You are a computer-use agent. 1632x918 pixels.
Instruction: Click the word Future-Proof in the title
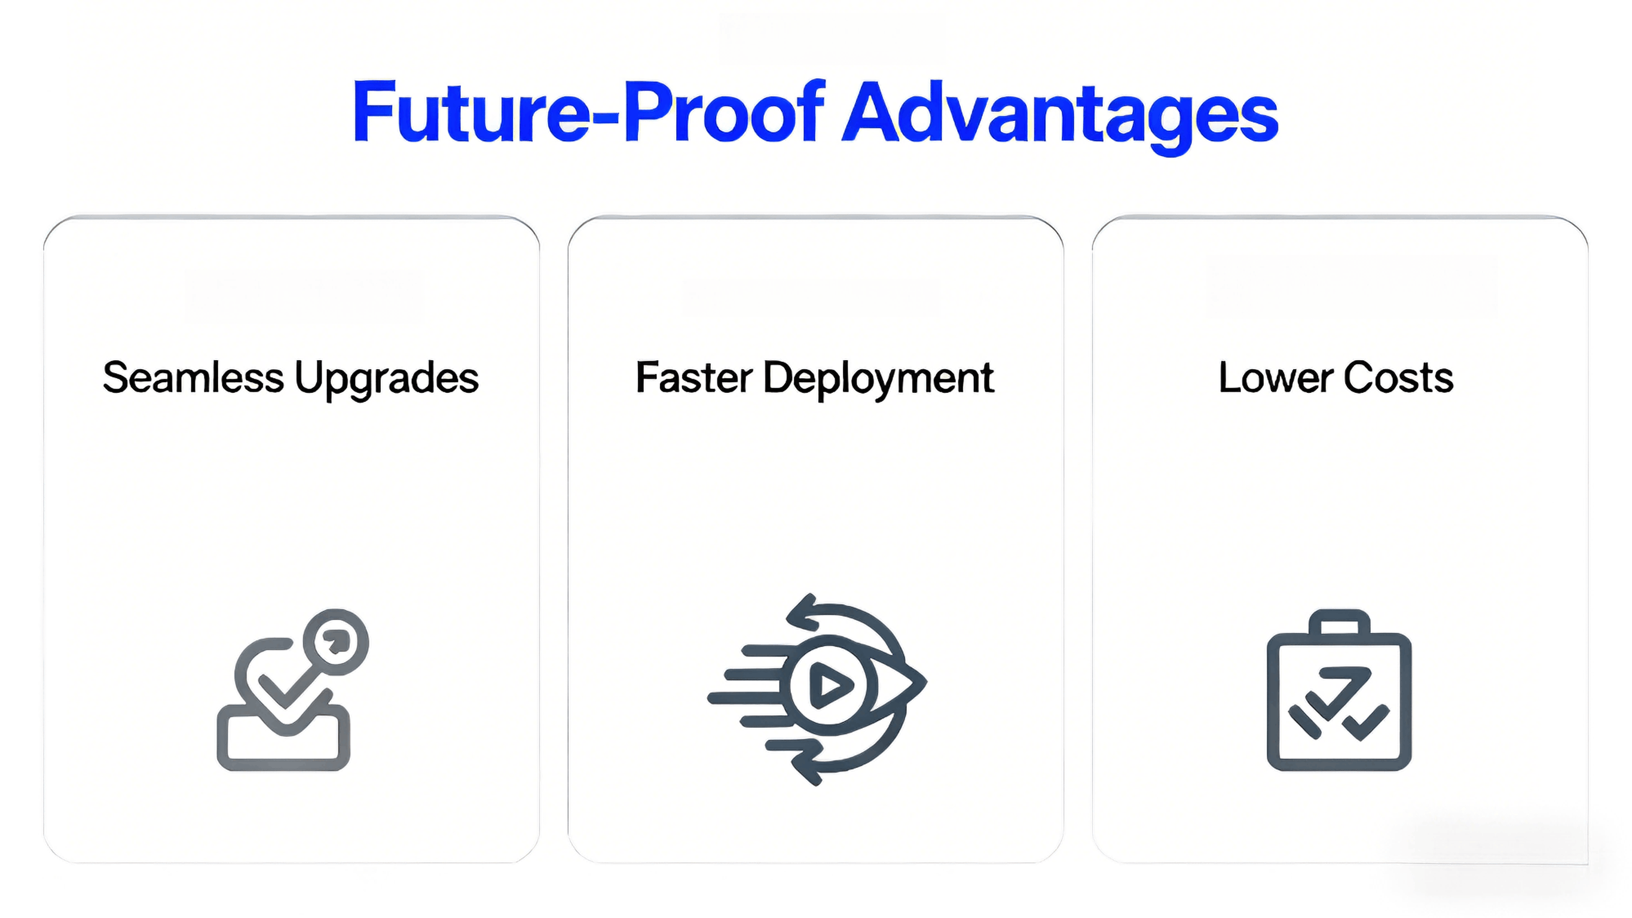point(589,113)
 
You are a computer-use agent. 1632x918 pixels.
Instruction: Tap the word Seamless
point(192,378)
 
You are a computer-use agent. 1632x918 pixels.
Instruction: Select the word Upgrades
point(386,379)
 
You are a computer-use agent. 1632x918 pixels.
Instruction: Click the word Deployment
point(878,379)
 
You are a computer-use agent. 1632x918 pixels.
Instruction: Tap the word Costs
point(1398,378)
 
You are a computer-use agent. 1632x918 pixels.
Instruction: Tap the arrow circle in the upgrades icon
point(336,642)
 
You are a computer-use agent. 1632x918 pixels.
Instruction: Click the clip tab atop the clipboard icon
point(1338,622)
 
